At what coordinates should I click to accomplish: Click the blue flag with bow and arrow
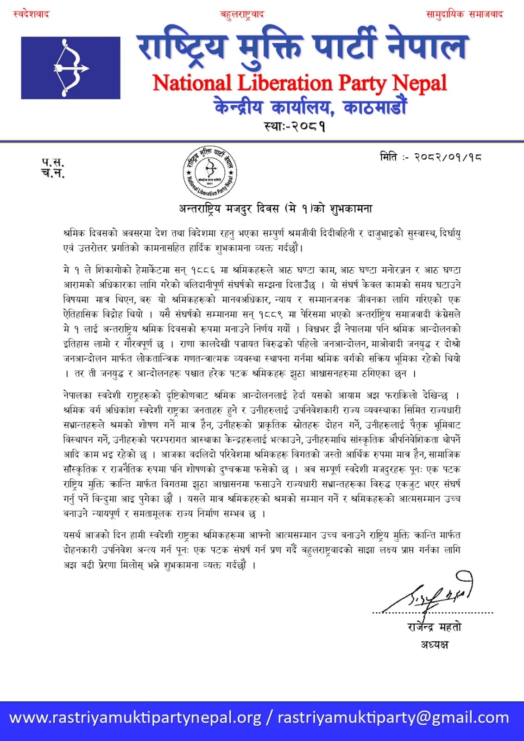(x=70, y=68)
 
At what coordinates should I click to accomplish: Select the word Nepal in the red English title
(x=419, y=83)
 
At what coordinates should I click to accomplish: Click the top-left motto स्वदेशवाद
(x=31, y=14)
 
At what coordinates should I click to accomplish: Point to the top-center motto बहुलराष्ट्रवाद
(x=242, y=14)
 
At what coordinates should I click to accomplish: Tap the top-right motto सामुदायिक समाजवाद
(x=464, y=14)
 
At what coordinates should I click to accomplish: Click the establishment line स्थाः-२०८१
(x=295, y=126)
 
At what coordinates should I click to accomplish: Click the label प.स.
(x=53, y=163)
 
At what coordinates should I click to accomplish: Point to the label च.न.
(x=53, y=174)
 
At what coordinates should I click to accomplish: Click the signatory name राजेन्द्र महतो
(x=434, y=627)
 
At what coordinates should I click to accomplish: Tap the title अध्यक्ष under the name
(x=435, y=644)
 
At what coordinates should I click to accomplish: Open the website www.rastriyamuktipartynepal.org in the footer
(x=135, y=718)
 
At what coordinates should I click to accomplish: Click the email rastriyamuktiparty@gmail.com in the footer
(x=393, y=718)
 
